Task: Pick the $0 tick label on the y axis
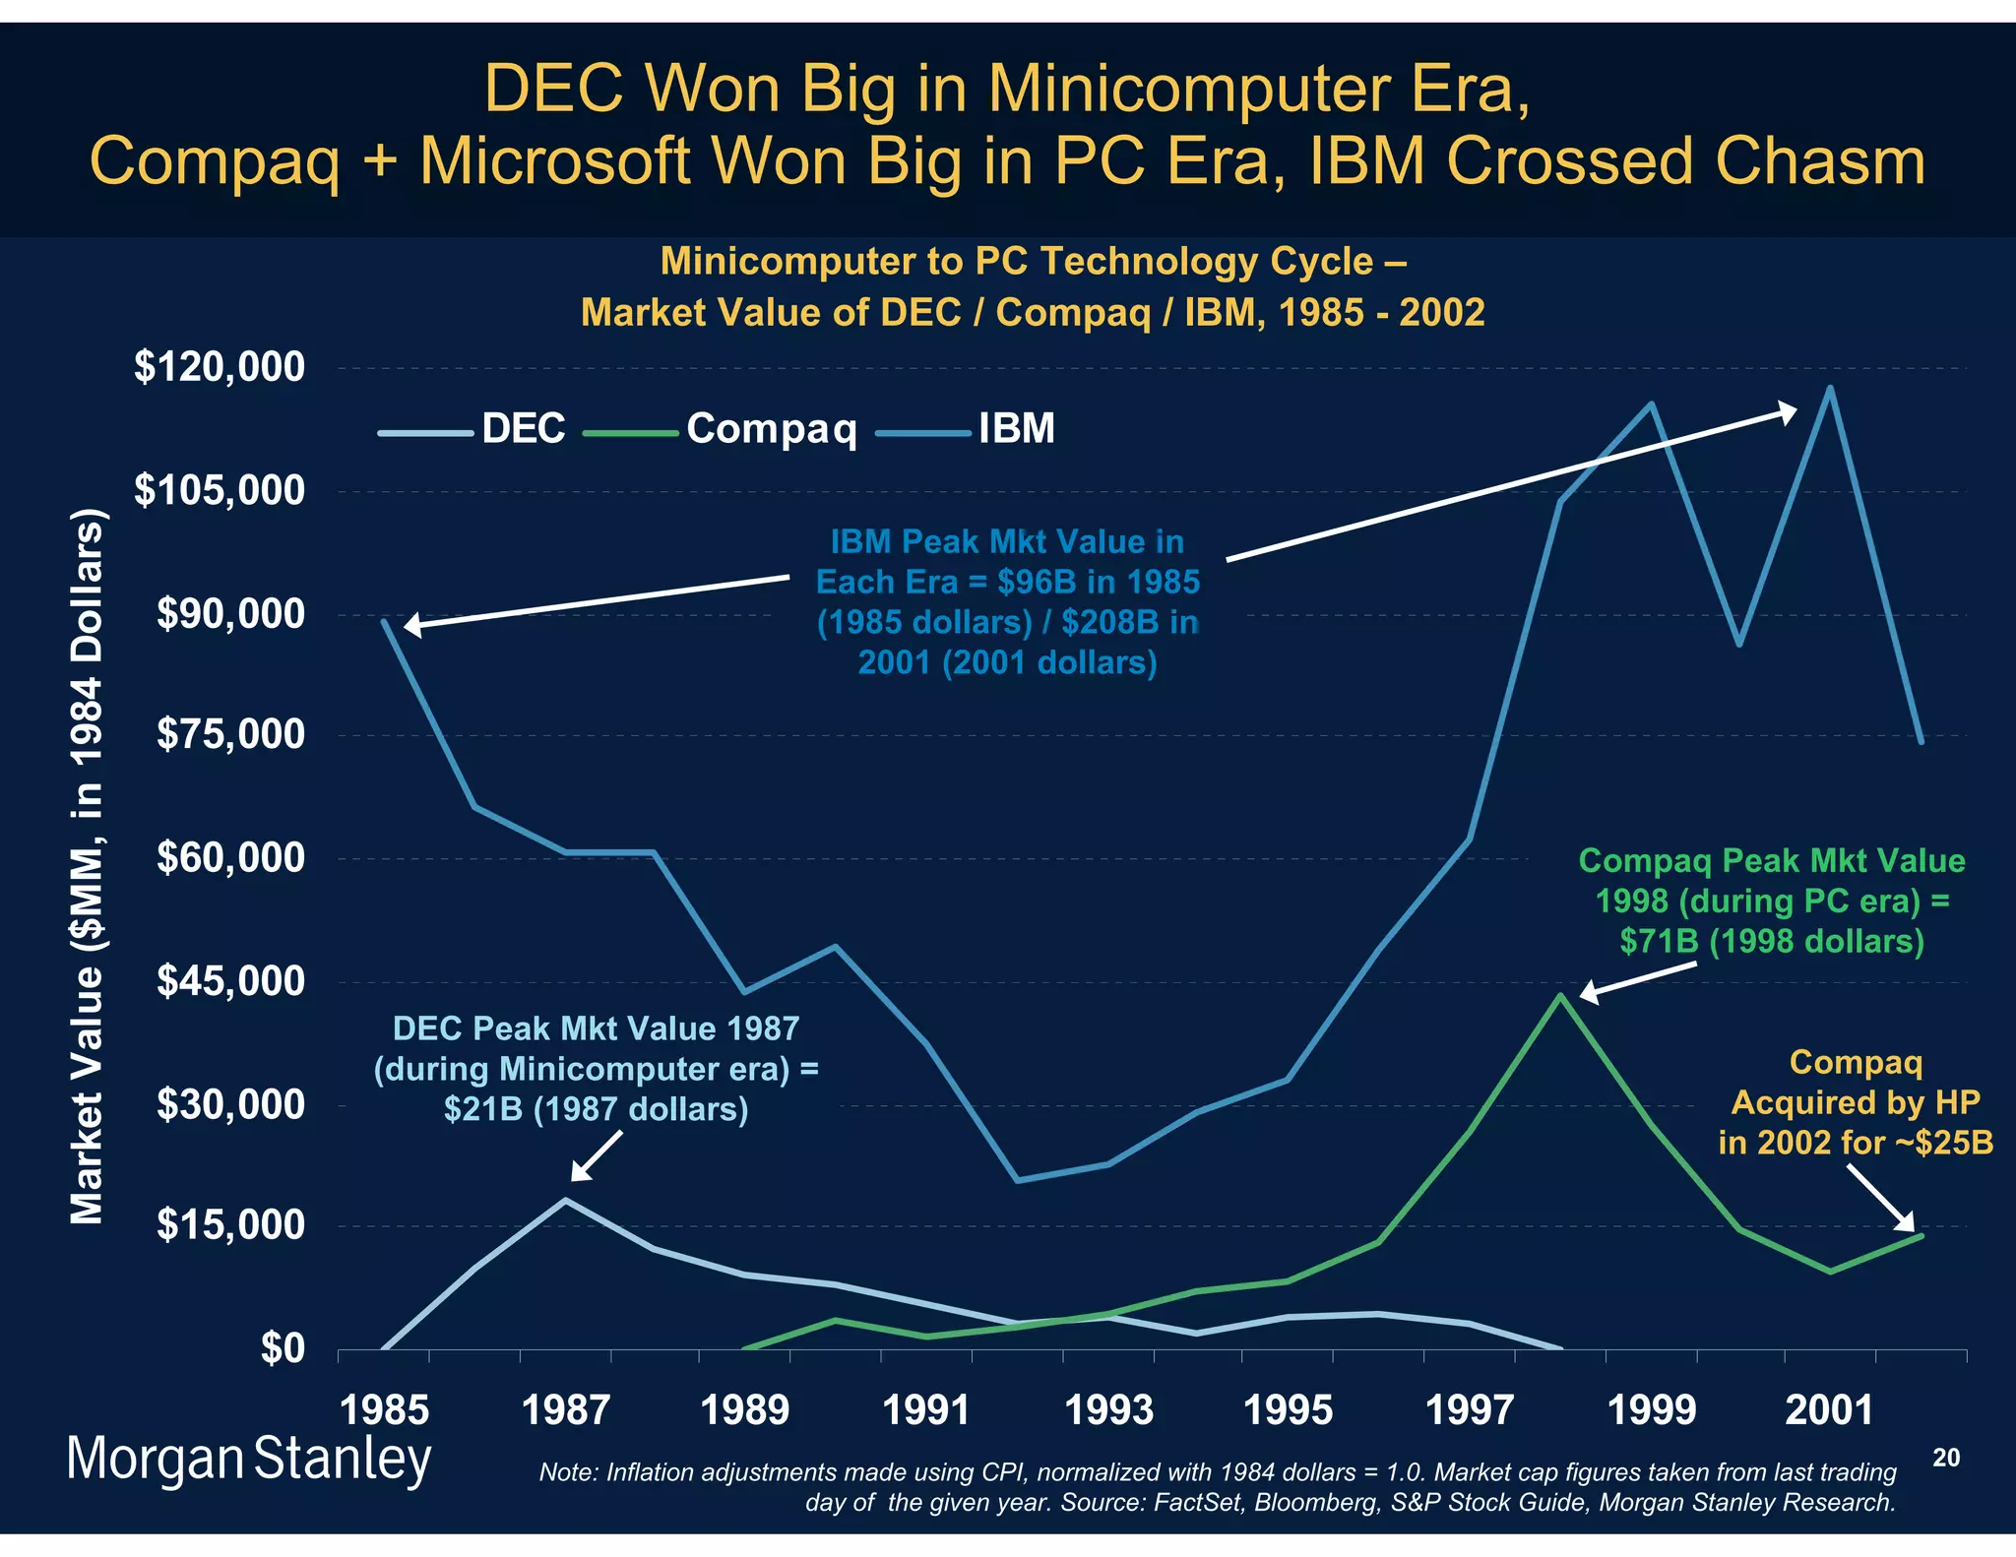pyautogui.click(x=283, y=1348)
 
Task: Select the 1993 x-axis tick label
pyautogui.click(x=1108, y=1410)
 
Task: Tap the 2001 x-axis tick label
pyautogui.click(x=1829, y=1410)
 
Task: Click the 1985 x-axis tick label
pyautogui.click(x=385, y=1410)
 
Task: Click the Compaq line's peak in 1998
pyautogui.click(x=1560, y=995)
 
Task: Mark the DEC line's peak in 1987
pyautogui.click(x=565, y=1200)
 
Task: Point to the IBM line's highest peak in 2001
pyautogui.click(x=1829, y=388)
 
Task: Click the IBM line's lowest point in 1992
pyautogui.click(x=1018, y=1180)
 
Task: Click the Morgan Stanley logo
pyautogui.click(x=248, y=1460)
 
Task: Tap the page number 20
pyautogui.click(x=1946, y=1458)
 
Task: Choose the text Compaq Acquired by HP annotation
pyautogui.click(x=1856, y=1102)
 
